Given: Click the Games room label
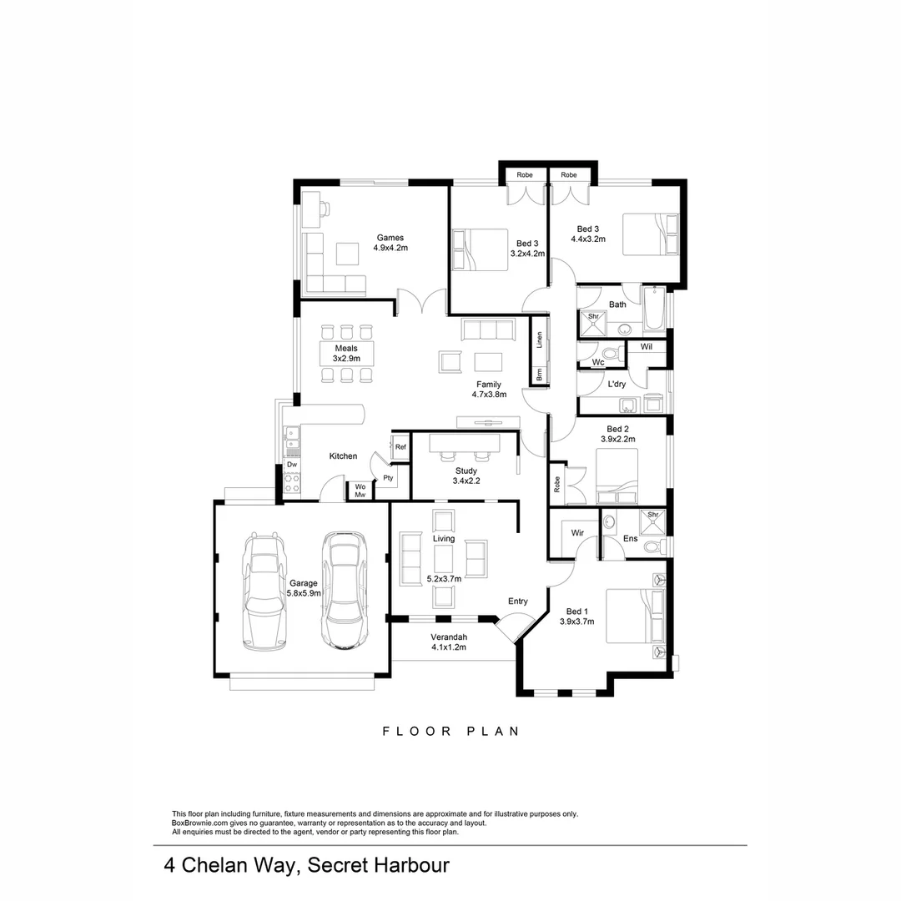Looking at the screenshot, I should tap(390, 237).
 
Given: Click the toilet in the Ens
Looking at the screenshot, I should tap(659, 546).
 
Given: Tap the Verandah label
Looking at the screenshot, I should tap(448, 637).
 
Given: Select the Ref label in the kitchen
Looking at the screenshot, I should tap(400, 447).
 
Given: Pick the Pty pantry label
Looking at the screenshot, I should tap(388, 478).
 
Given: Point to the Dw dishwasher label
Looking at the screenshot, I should tap(292, 464).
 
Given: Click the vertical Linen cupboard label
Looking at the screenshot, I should tap(539, 339).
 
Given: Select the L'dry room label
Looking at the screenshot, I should tap(617, 384).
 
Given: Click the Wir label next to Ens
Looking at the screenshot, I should tap(576, 532).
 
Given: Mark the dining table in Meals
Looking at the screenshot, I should tap(346, 353).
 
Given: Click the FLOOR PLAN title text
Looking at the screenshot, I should tap(450, 732).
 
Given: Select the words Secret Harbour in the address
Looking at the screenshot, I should tap(379, 865).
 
